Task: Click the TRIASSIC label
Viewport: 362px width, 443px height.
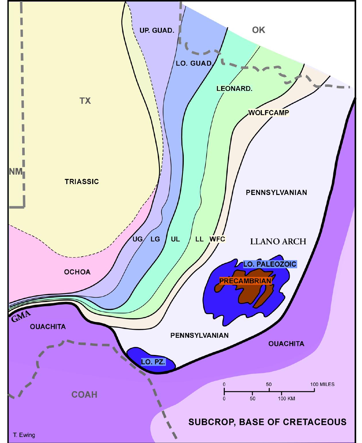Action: pyautogui.click(x=82, y=182)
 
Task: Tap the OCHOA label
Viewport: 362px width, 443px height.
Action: pyautogui.click(x=77, y=272)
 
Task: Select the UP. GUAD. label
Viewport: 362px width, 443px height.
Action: pyautogui.click(x=157, y=30)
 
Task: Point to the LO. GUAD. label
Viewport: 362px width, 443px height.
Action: pyautogui.click(x=194, y=63)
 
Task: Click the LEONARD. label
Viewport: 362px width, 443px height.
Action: pyautogui.click(x=234, y=89)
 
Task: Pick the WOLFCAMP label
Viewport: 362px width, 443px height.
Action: pyautogui.click(x=268, y=113)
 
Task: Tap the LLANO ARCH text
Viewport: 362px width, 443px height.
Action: pyautogui.click(x=278, y=241)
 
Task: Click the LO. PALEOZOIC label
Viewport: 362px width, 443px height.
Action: pyautogui.click(x=270, y=264)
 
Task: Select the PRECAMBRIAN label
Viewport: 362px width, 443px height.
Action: pyautogui.click(x=245, y=281)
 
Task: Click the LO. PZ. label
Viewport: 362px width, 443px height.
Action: pyautogui.click(x=153, y=362)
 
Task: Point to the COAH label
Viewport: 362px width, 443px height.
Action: pyautogui.click(x=84, y=395)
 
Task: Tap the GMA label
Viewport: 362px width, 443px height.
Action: pyautogui.click(x=21, y=317)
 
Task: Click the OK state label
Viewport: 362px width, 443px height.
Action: pyautogui.click(x=258, y=30)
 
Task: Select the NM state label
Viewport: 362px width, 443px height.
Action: pyautogui.click(x=16, y=171)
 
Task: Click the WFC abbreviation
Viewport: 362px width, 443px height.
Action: pyautogui.click(x=217, y=239)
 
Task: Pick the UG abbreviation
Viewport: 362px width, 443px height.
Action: pyautogui.click(x=138, y=239)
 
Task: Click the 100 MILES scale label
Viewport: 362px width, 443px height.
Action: pyautogui.click(x=322, y=384)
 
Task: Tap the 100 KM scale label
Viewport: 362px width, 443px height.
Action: pyautogui.click(x=286, y=399)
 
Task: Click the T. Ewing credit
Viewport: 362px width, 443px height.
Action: pyautogui.click(x=24, y=435)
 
